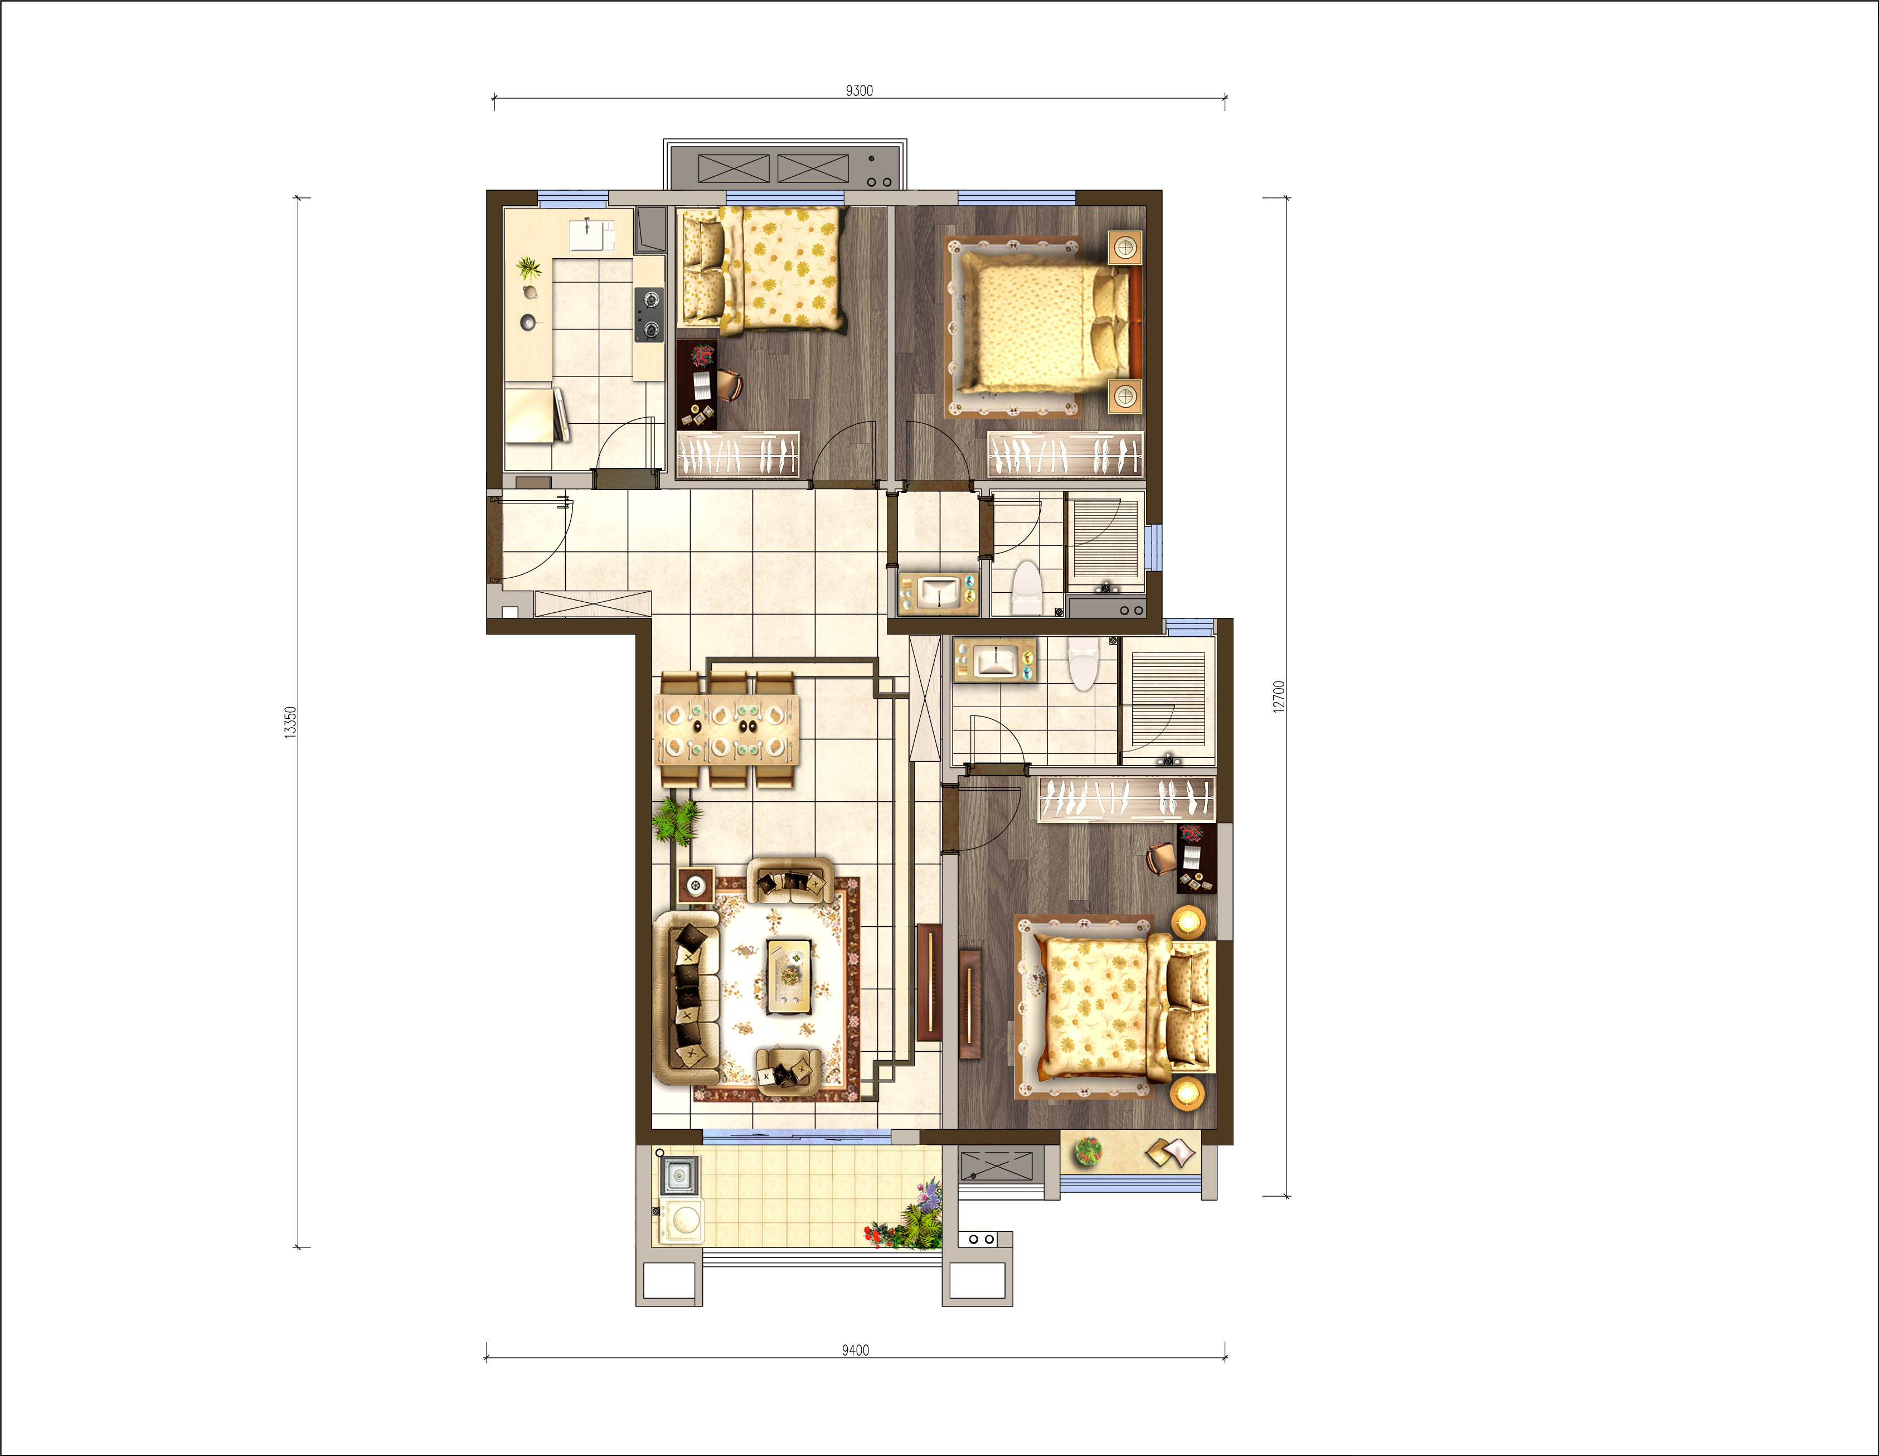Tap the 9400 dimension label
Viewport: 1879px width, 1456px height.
coord(855,1349)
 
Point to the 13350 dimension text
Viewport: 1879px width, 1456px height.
coord(291,721)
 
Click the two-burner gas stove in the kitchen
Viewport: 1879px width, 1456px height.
coord(649,314)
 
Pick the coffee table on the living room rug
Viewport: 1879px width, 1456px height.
coord(789,976)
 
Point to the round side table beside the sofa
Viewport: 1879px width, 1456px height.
coord(696,886)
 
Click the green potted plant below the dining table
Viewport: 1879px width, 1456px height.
coord(676,821)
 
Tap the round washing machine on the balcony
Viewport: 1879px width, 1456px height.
coord(681,1220)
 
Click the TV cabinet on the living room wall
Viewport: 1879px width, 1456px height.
coord(929,982)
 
